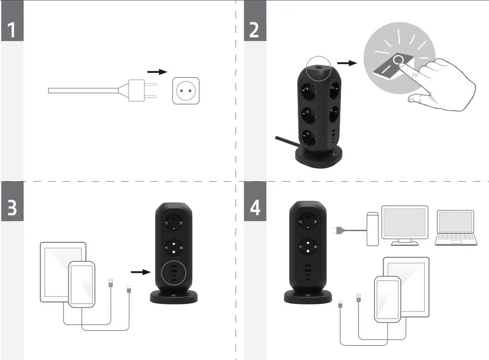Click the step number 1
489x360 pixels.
[12, 30]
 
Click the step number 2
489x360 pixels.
[254, 30]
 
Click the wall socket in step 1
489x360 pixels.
[186, 90]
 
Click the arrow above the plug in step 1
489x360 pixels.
[157, 72]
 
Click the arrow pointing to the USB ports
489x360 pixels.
[140, 272]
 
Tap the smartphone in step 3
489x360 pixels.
[82, 285]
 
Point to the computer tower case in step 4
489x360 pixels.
[372, 229]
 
